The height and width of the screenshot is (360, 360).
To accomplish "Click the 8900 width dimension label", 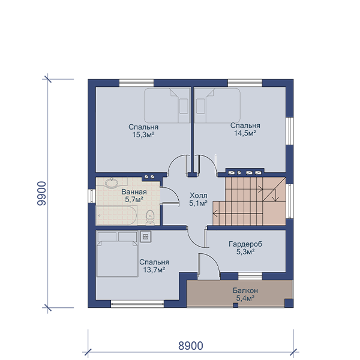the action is coord(191,346).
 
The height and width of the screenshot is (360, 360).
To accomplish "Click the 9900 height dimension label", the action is coord(42,193).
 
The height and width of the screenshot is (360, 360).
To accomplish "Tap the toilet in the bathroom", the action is coord(150,217).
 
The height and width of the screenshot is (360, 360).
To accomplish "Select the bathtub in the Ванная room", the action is coord(116,215).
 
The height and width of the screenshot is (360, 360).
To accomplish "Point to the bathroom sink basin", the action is coord(112,183).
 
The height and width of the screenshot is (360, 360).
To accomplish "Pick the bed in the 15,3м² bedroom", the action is coord(167,106).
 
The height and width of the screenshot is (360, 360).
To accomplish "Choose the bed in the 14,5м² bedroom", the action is coord(217,106).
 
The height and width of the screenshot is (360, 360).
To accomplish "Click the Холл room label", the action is coord(199,196).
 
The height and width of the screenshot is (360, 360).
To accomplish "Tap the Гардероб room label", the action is coord(245,244).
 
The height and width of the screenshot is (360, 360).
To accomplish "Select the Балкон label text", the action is coord(245,290).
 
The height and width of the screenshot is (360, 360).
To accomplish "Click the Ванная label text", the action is coord(134,192).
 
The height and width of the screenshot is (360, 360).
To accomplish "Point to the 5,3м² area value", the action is coord(245,252).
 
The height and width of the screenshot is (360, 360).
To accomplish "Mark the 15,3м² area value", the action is coord(143,135).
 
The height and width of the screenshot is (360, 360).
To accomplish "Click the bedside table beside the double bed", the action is coord(146,236).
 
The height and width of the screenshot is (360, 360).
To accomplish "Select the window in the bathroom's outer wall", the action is coord(92,196).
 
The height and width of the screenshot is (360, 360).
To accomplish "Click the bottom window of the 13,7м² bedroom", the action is coord(137,304).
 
